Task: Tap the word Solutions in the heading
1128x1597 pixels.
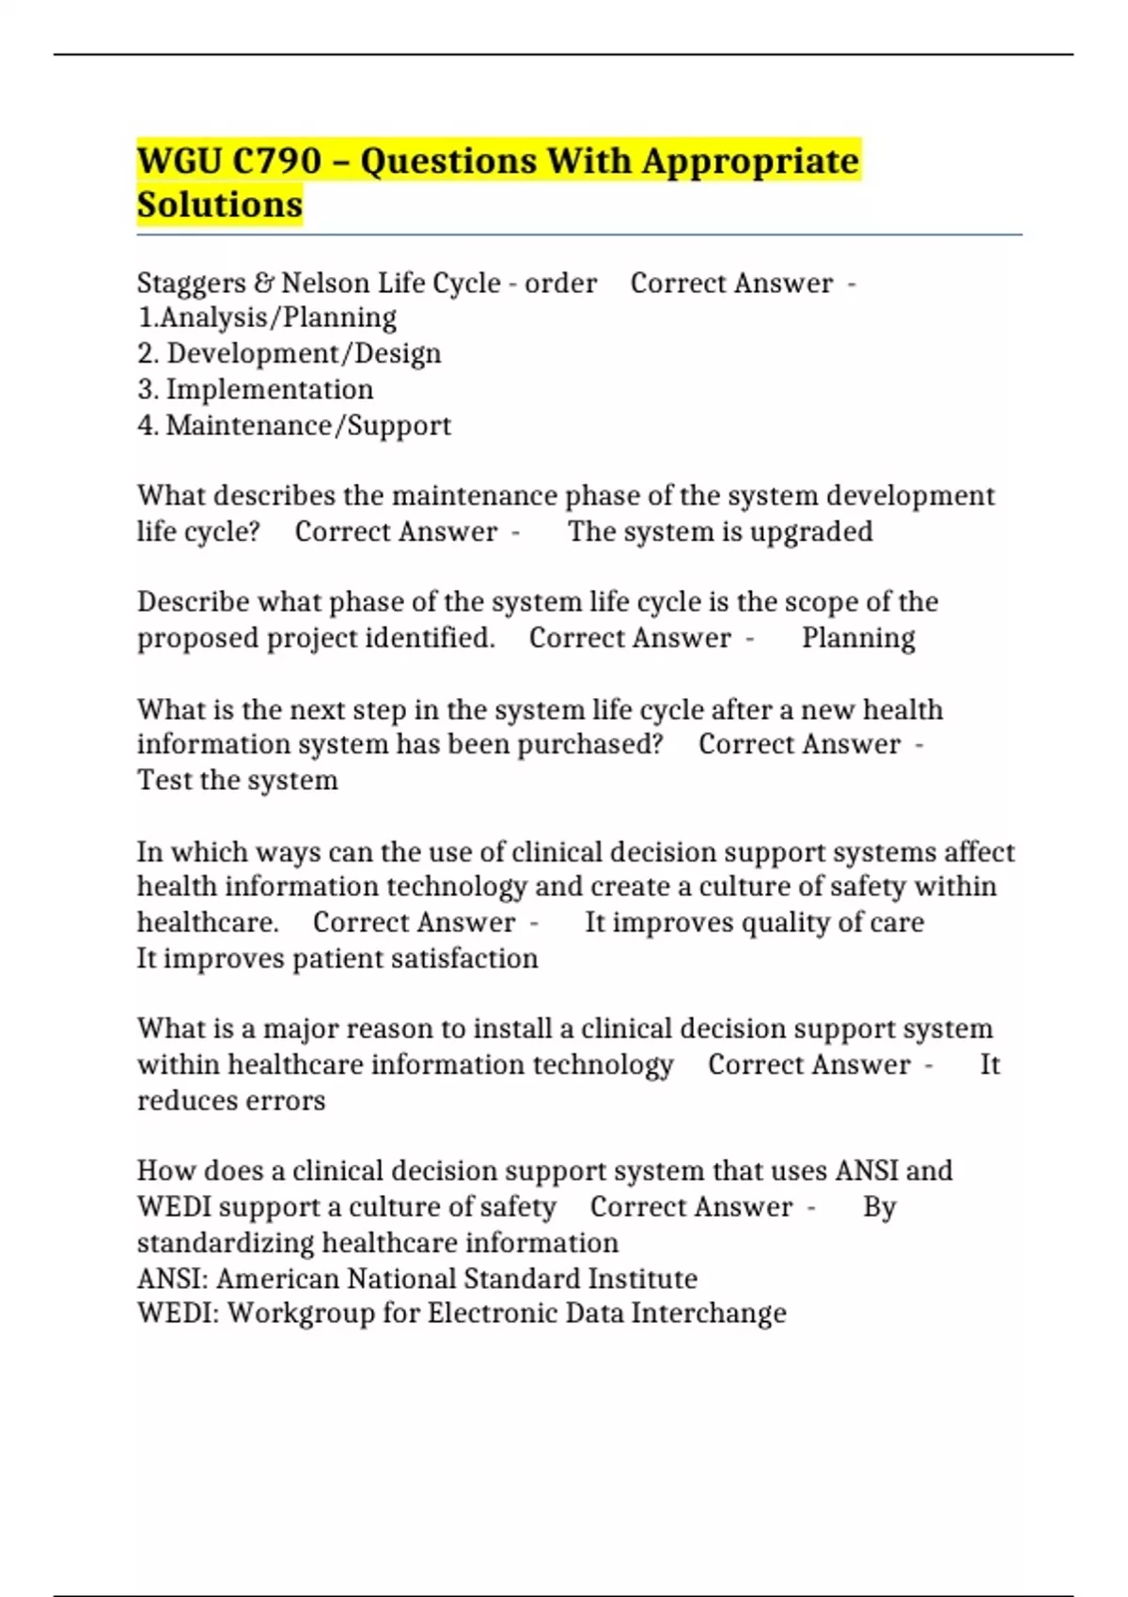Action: tap(220, 205)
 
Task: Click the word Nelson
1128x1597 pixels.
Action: tap(325, 284)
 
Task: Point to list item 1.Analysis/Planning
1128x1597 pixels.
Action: tap(267, 318)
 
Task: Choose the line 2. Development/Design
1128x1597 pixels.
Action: tap(289, 354)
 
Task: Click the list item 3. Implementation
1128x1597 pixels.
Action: tap(255, 390)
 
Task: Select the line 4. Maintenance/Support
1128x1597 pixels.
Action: tap(294, 426)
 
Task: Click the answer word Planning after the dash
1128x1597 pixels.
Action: tap(858, 639)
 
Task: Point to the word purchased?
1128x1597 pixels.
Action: tap(590, 745)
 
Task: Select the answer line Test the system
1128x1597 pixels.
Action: tap(238, 781)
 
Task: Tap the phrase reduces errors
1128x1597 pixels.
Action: tap(231, 1101)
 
